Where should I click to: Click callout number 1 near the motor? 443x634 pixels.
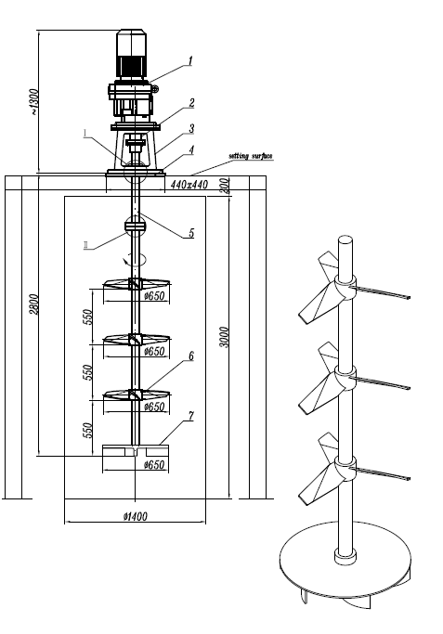pos(190,61)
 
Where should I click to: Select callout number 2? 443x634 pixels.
pos(191,103)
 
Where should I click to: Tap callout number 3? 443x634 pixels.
pos(191,129)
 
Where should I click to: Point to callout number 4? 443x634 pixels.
pos(191,150)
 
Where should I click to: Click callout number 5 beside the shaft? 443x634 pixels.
pos(191,233)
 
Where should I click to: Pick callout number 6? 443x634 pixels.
pos(191,356)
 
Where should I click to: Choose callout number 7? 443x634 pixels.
pos(191,416)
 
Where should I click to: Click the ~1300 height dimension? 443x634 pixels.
pos(35,101)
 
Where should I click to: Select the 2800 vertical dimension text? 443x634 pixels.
pos(34,304)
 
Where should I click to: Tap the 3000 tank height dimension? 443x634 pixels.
pos(227,337)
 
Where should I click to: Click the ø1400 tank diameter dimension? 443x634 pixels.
pos(135,516)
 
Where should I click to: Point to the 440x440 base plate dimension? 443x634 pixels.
pos(189,185)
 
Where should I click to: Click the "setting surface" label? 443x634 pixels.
pos(251,156)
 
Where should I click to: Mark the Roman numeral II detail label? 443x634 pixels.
pos(86,245)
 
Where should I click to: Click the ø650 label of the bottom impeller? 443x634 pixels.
pos(154,464)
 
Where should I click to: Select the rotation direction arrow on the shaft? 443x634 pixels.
pos(133,259)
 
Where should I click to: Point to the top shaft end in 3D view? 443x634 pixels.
pos(345,239)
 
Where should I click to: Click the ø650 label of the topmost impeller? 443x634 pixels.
pos(154,296)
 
